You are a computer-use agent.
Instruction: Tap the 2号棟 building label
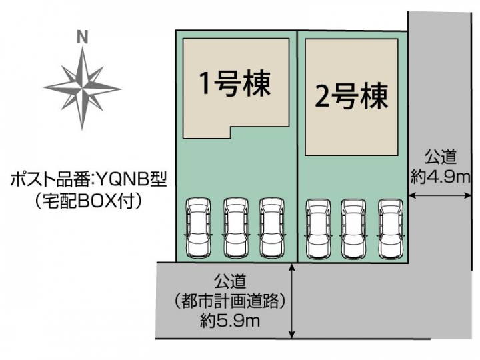(351, 98)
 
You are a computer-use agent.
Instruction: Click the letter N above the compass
(83, 37)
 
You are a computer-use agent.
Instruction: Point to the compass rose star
(83, 87)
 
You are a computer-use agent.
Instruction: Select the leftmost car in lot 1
(197, 227)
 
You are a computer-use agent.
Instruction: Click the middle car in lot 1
(235, 227)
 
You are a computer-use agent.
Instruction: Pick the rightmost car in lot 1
(272, 227)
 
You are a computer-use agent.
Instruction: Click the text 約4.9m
(441, 176)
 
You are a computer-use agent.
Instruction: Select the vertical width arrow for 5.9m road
(293, 300)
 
